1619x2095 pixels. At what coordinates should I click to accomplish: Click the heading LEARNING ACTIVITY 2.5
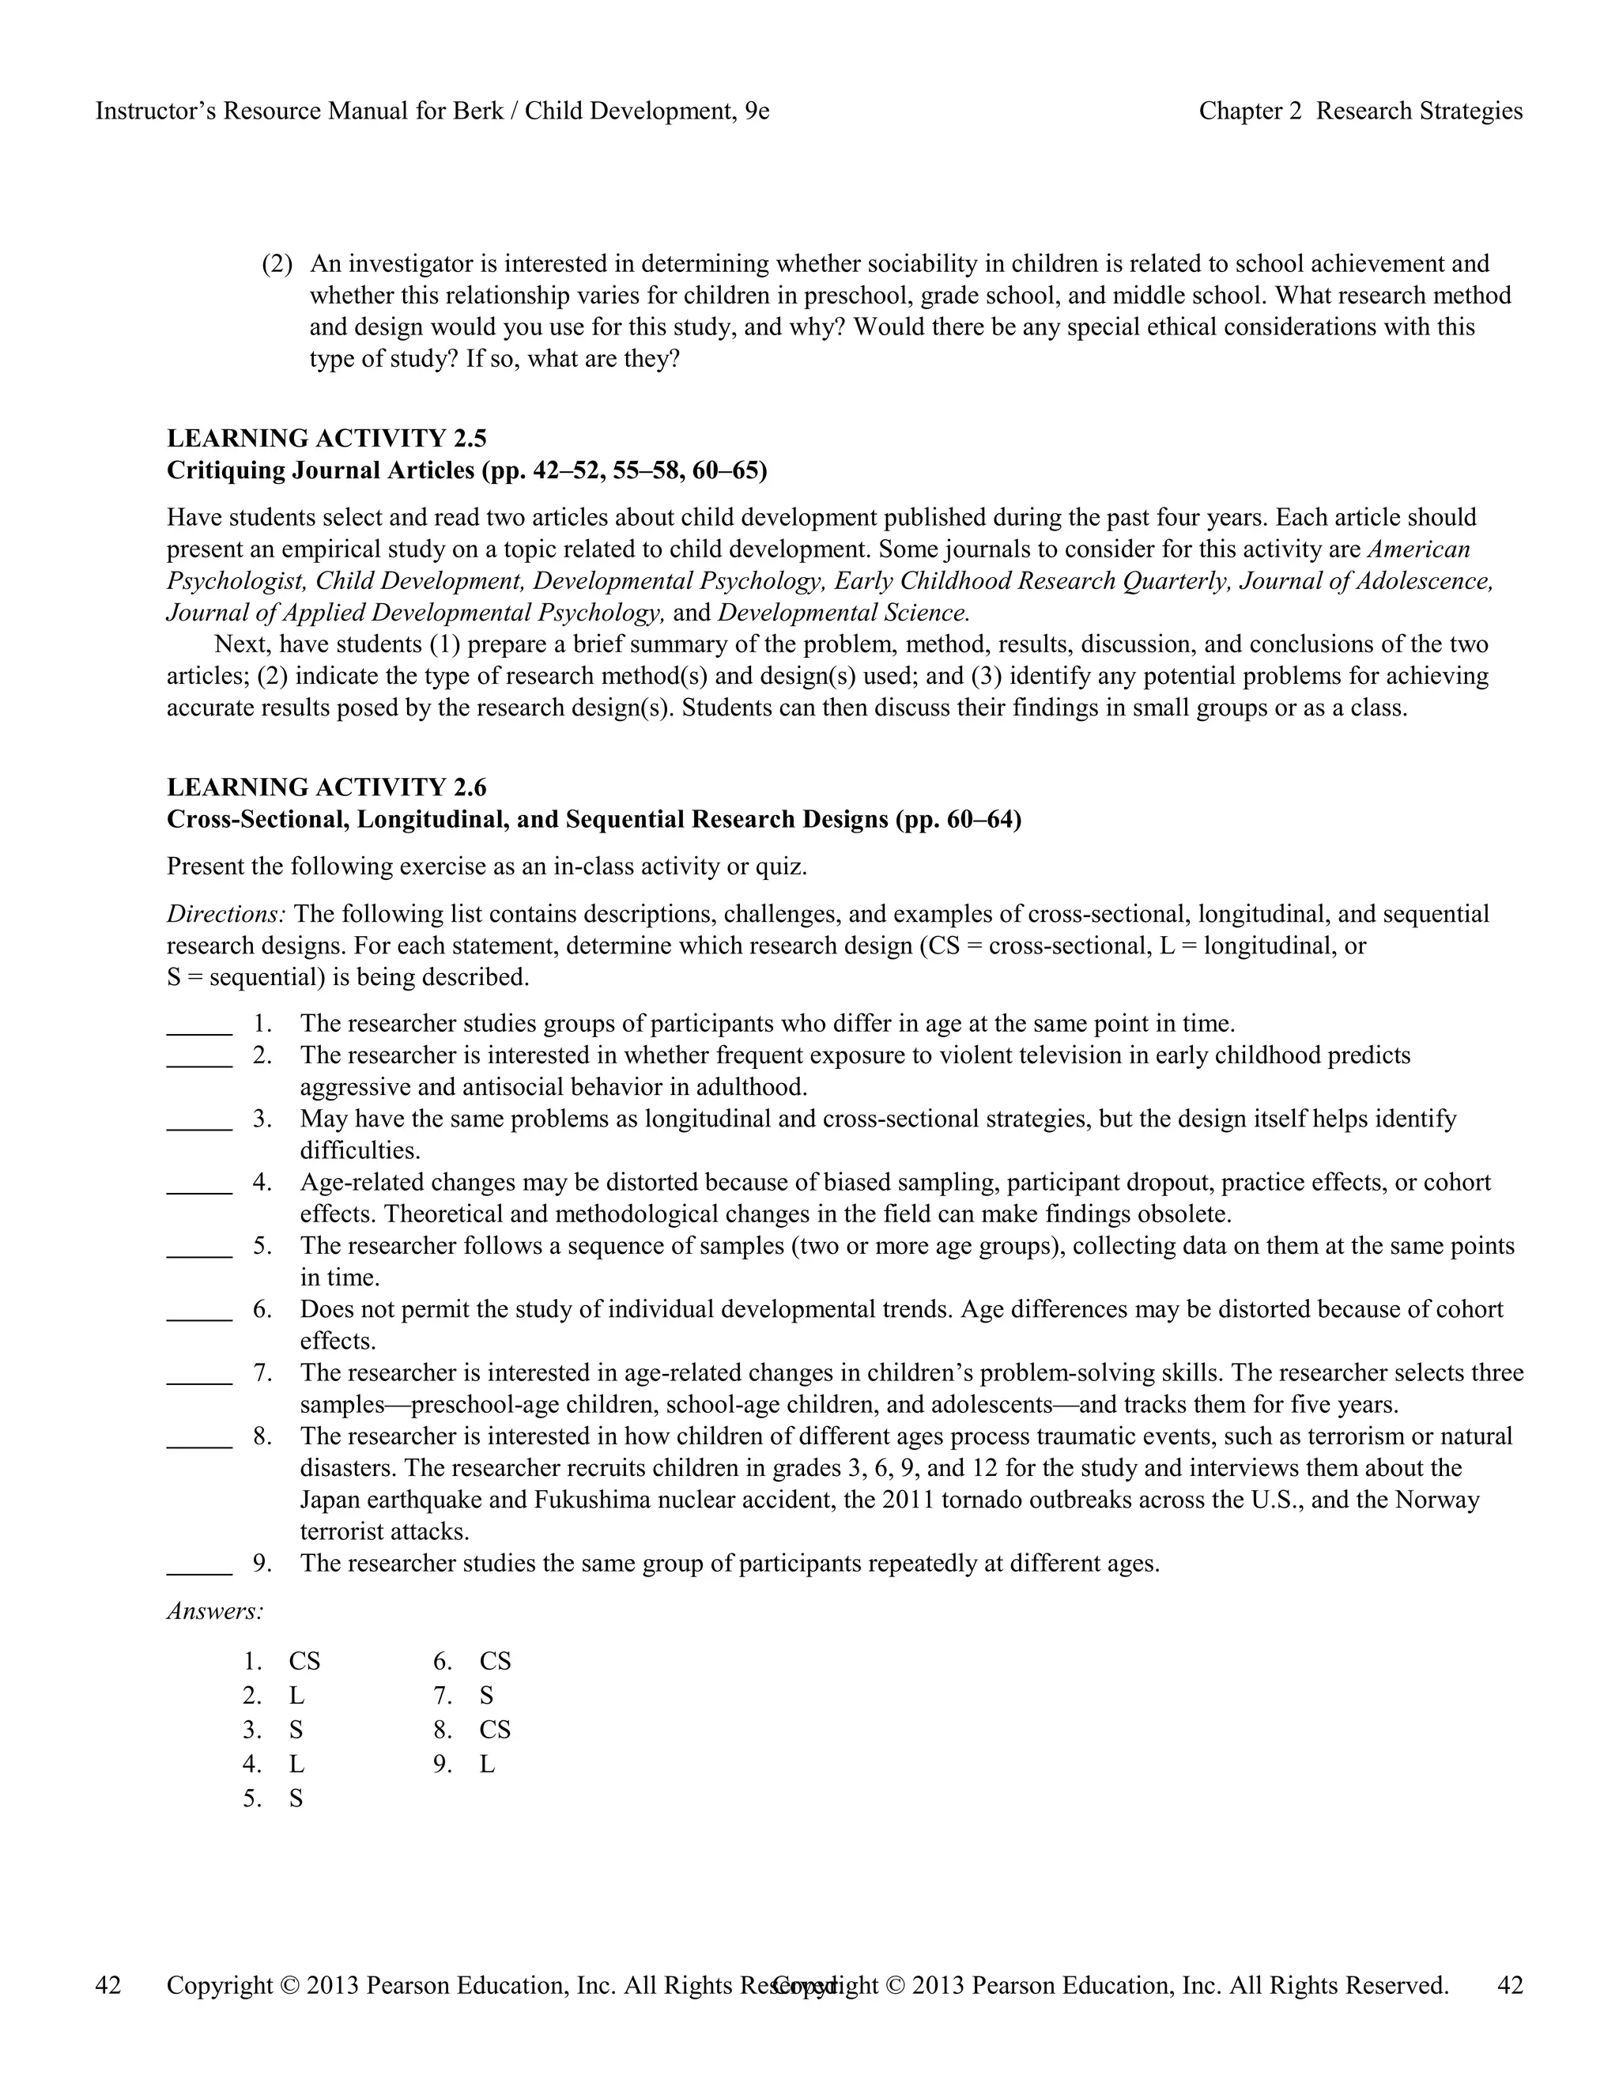pos(326,439)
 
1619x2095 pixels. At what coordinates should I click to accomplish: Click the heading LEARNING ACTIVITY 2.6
pos(326,787)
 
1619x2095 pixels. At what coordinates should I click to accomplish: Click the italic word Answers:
pos(215,1611)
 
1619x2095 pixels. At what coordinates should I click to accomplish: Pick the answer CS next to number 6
pos(495,1662)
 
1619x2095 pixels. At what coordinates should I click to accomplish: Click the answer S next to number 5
pos(296,1799)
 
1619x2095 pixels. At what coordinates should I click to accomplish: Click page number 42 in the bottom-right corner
pos(1510,1986)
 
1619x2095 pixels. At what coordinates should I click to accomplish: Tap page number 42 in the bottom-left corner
pos(108,1986)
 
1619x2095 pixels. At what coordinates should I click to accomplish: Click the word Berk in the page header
pos(477,111)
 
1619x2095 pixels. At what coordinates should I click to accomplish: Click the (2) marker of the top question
pos(277,264)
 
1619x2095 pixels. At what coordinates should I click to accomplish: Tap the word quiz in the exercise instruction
pos(783,867)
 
